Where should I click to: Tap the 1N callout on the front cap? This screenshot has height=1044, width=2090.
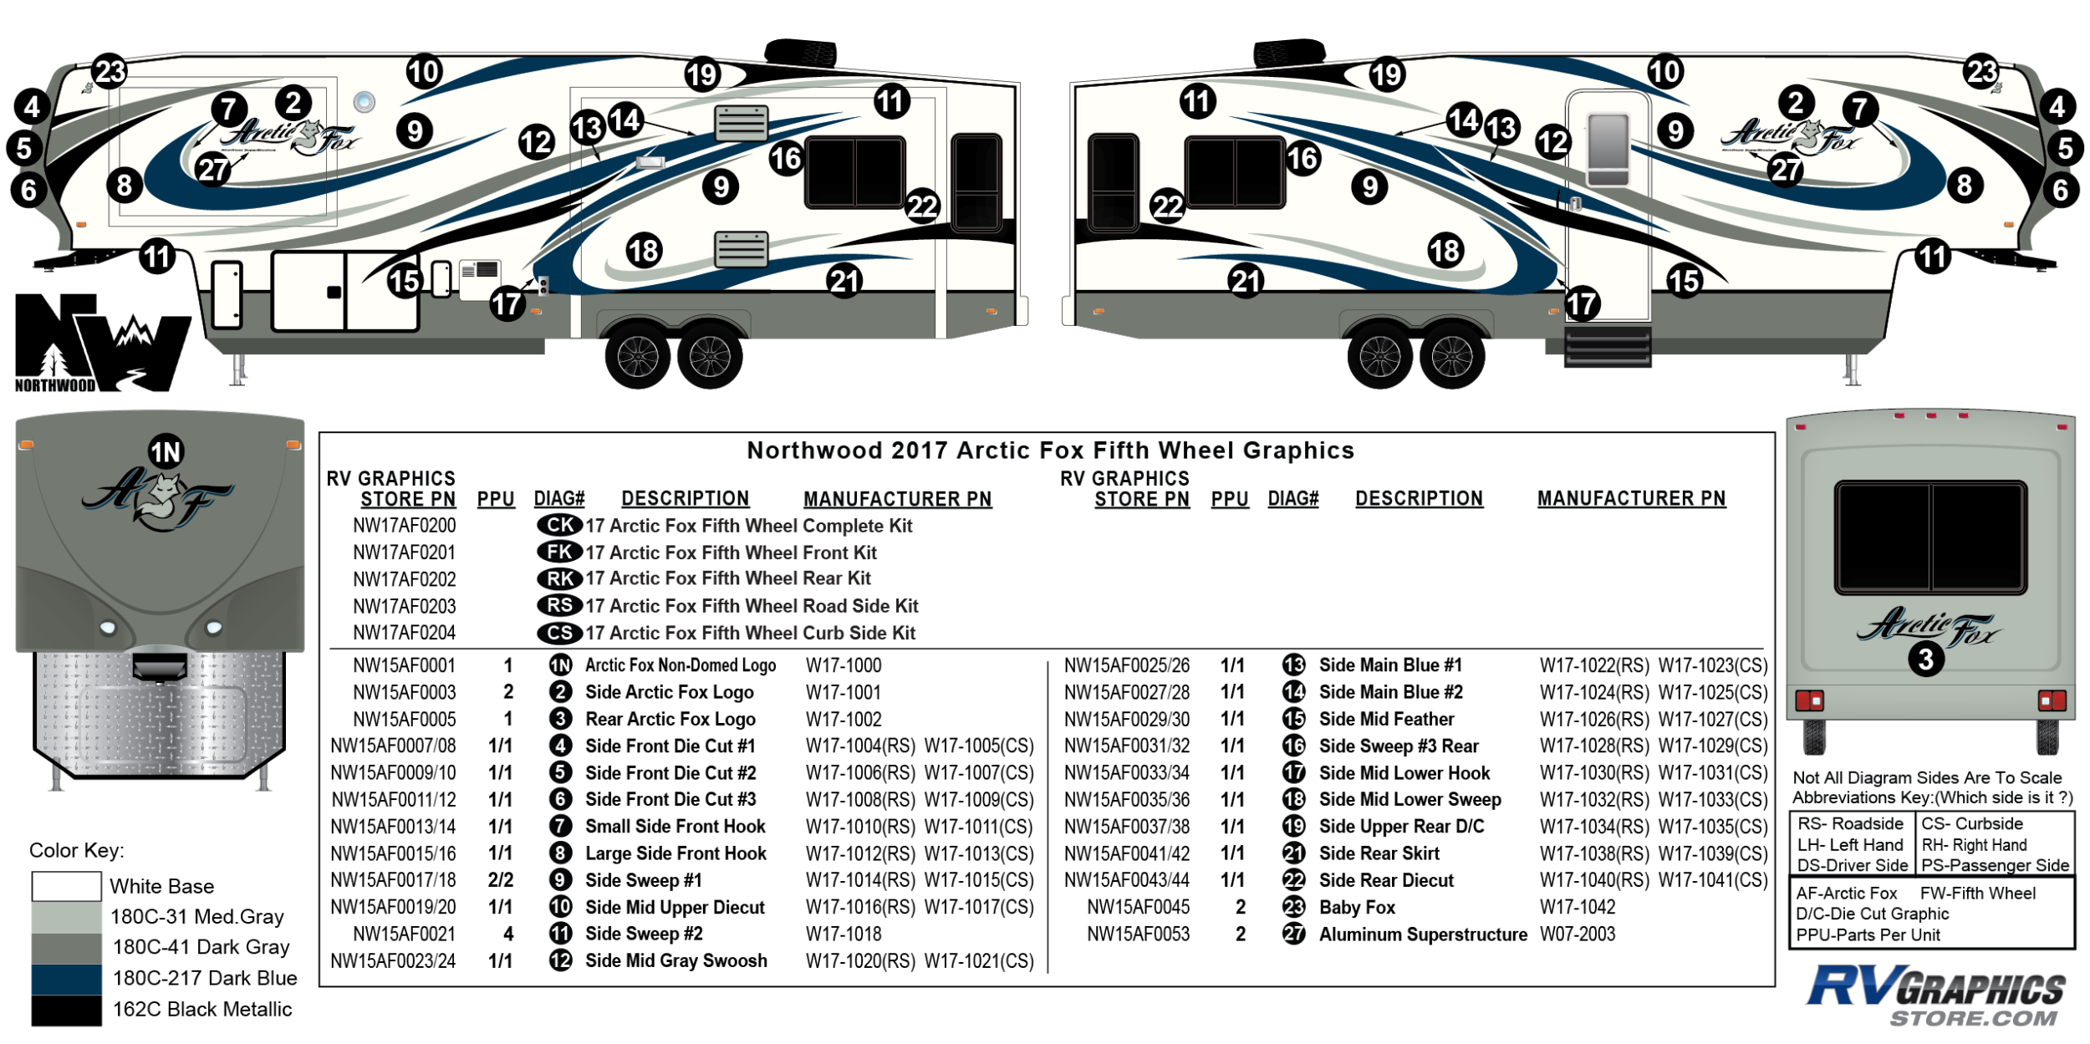click(166, 452)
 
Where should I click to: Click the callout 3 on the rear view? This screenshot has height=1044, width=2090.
click(1925, 660)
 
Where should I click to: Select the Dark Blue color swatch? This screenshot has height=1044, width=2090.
click(66, 979)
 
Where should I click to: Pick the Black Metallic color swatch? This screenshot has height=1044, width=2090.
click(66, 1010)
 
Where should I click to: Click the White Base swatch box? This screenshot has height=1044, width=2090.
click(66, 886)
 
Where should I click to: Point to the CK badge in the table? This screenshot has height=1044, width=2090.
click(559, 525)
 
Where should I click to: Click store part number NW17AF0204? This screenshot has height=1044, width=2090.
click(405, 633)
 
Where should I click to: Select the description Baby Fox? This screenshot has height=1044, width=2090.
click(1357, 908)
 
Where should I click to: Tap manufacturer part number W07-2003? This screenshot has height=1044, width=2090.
click(1578, 935)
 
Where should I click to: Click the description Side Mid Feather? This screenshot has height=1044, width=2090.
click(1386, 720)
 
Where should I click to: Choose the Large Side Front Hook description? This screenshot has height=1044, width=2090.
click(675, 853)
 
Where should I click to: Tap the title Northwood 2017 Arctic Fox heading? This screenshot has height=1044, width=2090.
click(1050, 451)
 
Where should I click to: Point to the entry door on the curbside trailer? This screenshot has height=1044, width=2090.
click(1608, 205)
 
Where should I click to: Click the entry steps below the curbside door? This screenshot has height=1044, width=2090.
click(1607, 346)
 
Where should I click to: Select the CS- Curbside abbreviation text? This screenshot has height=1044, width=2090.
click(1971, 824)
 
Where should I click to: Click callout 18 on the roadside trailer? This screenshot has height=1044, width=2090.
click(644, 250)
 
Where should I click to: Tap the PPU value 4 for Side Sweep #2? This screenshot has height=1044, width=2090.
click(508, 935)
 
